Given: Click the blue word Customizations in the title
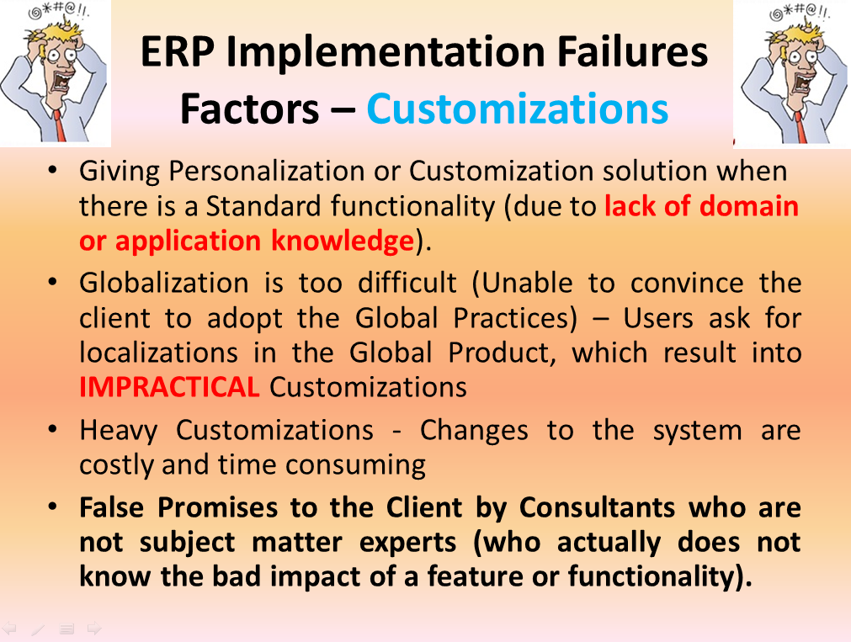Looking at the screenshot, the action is [517, 109].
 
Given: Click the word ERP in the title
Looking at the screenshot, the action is [177, 52].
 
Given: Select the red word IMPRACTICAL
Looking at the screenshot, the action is [169, 387].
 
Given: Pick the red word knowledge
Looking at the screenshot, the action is [343, 241].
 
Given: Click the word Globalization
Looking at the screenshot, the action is [164, 283].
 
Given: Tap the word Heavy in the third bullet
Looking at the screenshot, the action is [119, 432].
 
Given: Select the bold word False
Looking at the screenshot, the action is [111, 507].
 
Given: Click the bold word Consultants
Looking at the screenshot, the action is [597, 507].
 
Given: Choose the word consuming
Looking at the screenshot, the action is [355, 466].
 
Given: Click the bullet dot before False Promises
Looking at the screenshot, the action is [53, 507].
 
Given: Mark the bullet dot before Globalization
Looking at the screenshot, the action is [53, 282].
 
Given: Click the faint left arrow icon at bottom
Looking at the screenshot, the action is [10, 629].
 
